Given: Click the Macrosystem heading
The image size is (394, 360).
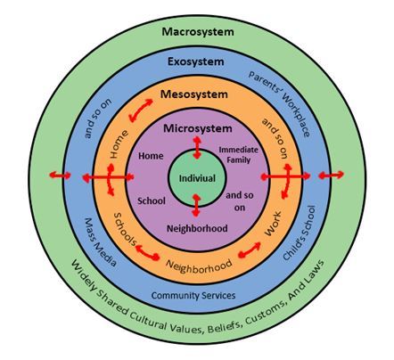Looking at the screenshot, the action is pyautogui.click(x=198, y=32).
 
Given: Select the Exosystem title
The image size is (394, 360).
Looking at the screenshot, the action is pyautogui.click(x=196, y=61).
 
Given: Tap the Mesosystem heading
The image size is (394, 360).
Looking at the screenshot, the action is pyautogui.click(x=194, y=94).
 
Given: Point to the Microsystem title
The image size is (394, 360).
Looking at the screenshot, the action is pyautogui.click(x=198, y=128).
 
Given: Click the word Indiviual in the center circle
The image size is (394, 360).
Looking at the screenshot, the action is pyautogui.click(x=197, y=178).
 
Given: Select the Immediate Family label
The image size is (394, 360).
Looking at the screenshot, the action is pyautogui.click(x=238, y=155).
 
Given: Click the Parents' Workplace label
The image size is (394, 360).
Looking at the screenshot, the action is pyautogui.click(x=280, y=103).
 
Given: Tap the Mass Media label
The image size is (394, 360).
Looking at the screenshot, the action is pyautogui.click(x=100, y=242).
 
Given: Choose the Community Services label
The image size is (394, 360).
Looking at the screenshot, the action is pyautogui.click(x=193, y=296).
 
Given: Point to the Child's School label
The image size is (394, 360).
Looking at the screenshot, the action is pyautogui.click(x=299, y=233).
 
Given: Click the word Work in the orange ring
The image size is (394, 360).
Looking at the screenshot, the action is pyautogui.click(x=273, y=224).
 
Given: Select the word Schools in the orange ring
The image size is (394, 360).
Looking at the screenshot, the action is pyautogui.click(x=125, y=229).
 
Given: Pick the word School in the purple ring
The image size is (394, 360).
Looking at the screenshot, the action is pyautogui.click(x=152, y=201).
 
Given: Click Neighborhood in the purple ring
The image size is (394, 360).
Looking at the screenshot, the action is pyautogui.click(x=197, y=228).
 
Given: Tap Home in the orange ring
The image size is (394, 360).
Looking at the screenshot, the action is pyautogui.click(x=119, y=144).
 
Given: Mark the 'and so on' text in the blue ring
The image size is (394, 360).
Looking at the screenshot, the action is pyautogui.click(x=98, y=119).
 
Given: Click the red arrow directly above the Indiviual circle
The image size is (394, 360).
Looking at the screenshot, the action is pyautogui.click(x=197, y=148).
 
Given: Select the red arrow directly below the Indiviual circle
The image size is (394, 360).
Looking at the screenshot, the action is pyautogui.click(x=196, y=205).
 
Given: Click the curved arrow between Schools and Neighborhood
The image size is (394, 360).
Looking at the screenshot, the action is pyautogui.click(x=147, y=252).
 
